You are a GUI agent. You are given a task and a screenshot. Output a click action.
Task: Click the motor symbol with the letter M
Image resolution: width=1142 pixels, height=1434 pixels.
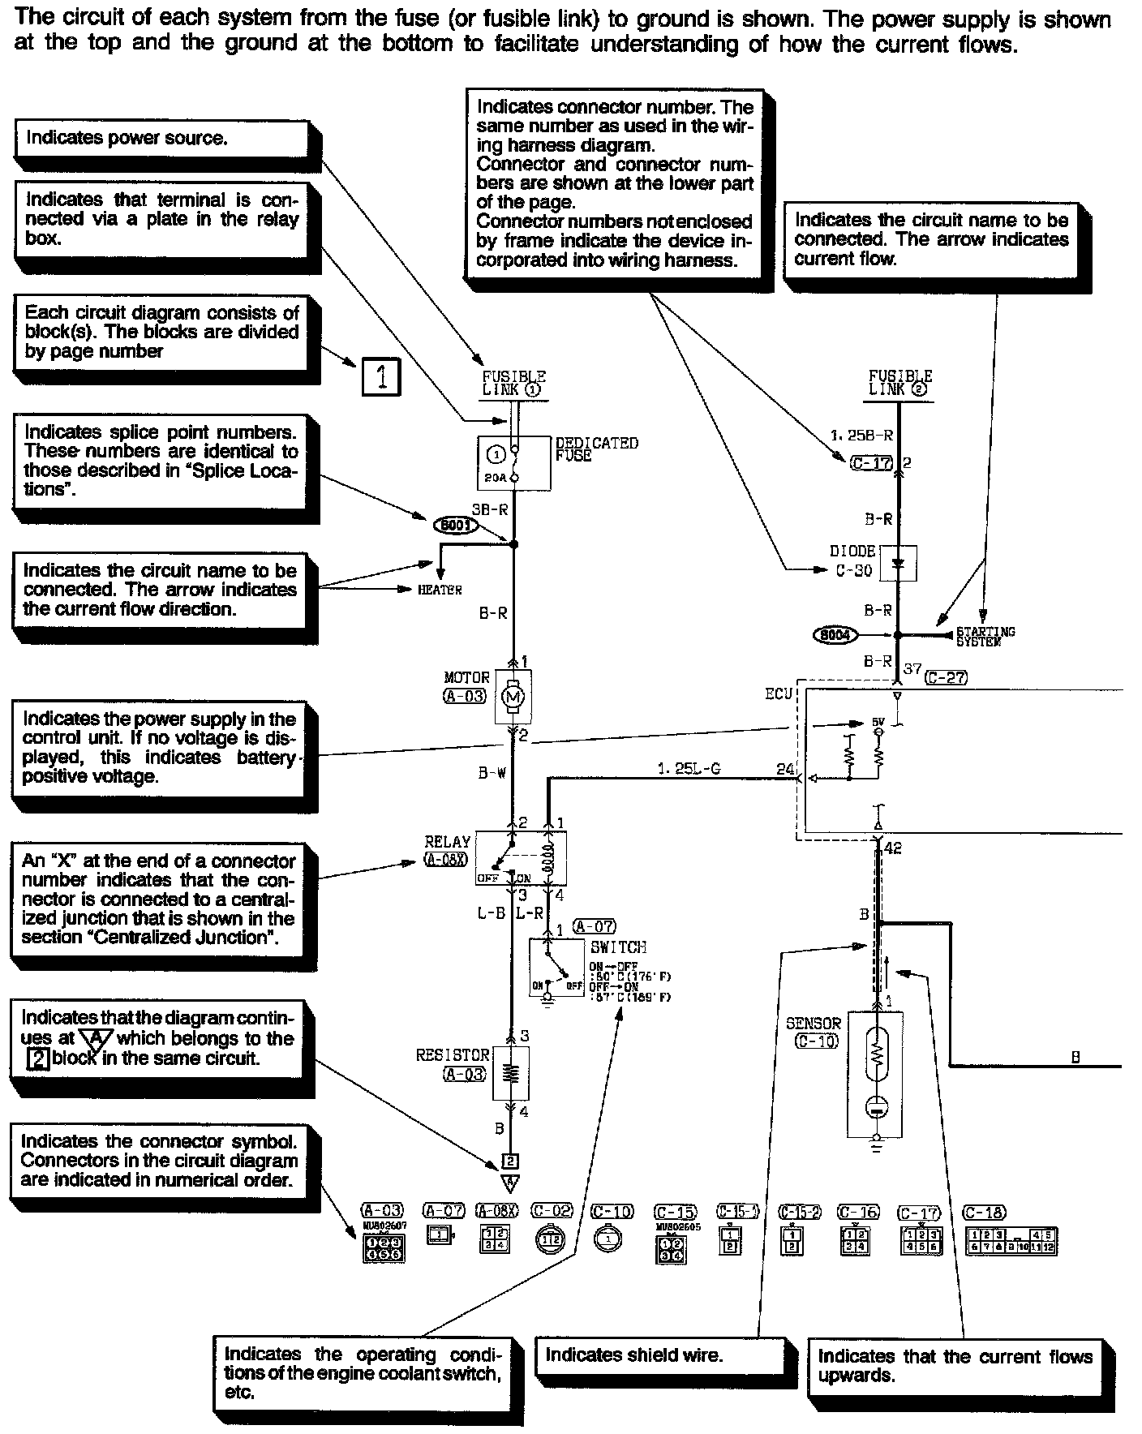(512, 696)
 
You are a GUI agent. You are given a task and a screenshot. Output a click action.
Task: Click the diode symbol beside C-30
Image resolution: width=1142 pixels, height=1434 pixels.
(897, 563)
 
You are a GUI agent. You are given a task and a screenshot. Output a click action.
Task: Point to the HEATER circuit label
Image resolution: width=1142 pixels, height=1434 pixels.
(440, 590)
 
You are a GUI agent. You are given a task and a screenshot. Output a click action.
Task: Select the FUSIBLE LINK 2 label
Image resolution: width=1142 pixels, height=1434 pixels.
(900, 383)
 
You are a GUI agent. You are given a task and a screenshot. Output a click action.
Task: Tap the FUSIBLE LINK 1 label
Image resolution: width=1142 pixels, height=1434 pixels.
(514, 383)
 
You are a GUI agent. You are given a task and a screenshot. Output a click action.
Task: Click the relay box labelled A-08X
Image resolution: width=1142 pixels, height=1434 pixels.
(520, 857)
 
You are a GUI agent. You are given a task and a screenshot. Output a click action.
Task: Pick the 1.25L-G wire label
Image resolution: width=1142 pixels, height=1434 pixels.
(689, 768)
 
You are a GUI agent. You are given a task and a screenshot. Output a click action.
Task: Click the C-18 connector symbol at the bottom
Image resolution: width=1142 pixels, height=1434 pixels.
(1011, 1241)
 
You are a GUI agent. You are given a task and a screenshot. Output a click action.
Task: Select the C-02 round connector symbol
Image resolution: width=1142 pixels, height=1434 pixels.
(552, 1239)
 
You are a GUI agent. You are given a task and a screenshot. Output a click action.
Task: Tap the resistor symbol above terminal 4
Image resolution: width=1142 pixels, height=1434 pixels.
(511, 1072)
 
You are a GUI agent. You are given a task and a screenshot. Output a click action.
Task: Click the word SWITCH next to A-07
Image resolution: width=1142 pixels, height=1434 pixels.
(618, 947)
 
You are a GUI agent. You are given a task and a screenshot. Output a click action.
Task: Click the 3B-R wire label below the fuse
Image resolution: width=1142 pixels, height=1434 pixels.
(489, 510)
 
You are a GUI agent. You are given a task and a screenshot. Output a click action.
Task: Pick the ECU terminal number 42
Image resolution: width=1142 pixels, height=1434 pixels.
(892, 848)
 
